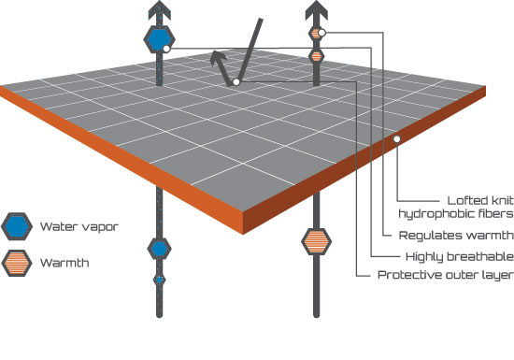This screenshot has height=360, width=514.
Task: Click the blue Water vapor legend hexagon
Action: tap(17, 226)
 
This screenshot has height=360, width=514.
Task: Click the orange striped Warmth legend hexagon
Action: tap(17, 263)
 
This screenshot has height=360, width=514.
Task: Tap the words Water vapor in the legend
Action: tap(79, 226)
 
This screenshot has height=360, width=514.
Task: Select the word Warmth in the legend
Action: tap(64, 263)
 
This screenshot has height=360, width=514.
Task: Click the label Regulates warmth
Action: tap(456, 235)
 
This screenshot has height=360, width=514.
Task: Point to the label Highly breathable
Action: tap(460, 257)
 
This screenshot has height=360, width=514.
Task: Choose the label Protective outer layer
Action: tap(446, 275)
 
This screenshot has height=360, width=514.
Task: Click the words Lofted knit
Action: tap(480, 200)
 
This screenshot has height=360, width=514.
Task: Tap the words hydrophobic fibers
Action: tap(456, 214)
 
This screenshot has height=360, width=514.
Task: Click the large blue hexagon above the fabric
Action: tap(159, 39)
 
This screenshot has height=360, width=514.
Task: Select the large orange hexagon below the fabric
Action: tap(316, 241)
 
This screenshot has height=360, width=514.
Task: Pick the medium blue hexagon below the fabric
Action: tap(159, 249)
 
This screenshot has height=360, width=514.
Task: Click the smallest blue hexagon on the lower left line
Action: tap(159, 280)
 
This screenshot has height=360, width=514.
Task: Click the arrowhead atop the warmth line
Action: tap(316, 9)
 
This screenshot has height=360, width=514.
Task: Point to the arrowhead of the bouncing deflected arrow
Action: tap(218, 58)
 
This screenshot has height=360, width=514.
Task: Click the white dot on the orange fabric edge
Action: tap(397, 139)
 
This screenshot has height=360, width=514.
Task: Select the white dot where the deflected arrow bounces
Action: tap(236, 82)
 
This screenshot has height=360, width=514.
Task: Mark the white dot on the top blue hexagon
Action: tap(166, 49)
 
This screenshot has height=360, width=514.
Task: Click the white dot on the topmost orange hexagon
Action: tap(321, 33)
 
